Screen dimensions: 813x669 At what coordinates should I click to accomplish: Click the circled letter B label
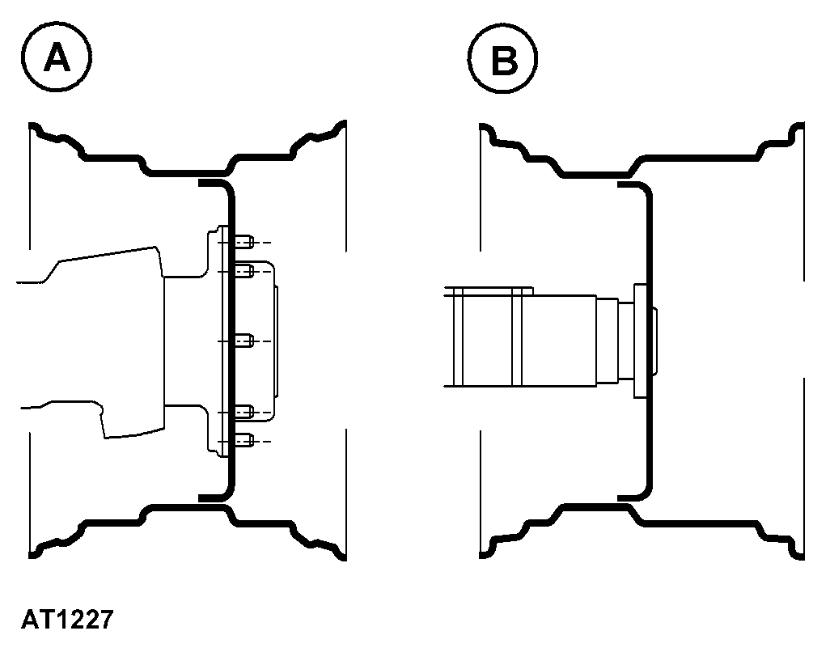click(502, 58)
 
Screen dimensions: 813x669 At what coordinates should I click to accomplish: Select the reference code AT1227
click(67, 619)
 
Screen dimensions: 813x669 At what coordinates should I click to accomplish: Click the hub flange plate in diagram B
click(640, 341)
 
